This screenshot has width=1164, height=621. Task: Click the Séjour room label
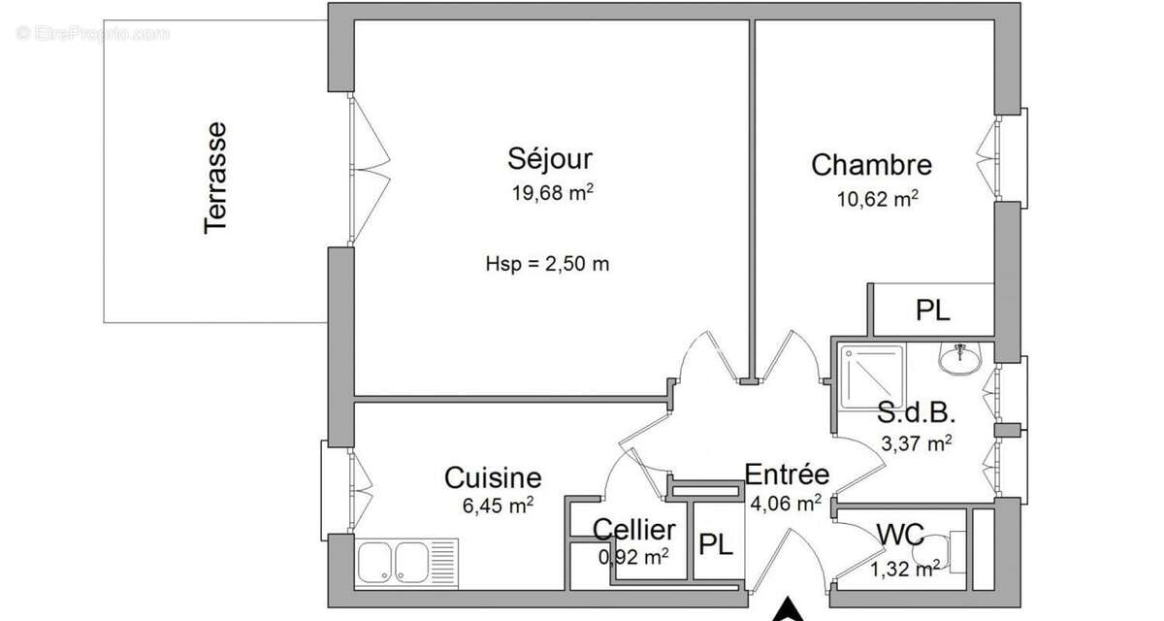[x=550, y=158]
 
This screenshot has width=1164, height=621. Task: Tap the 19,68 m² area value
[x=552, y=192]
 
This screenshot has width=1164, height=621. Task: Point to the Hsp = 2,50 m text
[x=547, y=263]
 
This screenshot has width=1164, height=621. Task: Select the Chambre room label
[x=871, y=165]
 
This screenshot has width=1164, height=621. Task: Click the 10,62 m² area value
[x=877, y=199]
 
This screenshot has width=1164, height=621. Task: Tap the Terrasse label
[x=215, y=176]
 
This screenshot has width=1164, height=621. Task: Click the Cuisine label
[x=493, y=477]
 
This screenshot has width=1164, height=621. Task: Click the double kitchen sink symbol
[x=405, y=562]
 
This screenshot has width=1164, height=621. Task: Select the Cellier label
[x=634, y=530]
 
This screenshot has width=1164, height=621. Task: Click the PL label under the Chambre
[x=933, y=310]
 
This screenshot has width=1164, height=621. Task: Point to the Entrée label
[x=787, y=474]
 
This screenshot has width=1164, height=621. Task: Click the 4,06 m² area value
[x=786, y=503]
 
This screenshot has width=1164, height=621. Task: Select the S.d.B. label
[x=917, y=414]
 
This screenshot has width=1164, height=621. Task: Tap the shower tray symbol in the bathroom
[x=869, y=373]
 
